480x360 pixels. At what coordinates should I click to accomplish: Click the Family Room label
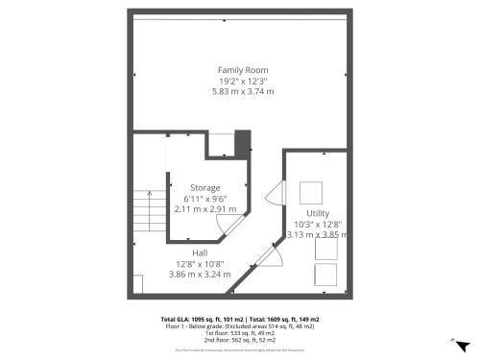242,70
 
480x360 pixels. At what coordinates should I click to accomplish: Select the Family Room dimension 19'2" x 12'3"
242,81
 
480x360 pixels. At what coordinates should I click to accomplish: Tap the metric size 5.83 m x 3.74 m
242,91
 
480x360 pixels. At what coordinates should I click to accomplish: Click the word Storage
204,187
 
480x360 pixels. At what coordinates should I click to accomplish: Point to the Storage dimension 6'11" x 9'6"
204,198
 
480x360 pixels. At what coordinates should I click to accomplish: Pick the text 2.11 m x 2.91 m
204,208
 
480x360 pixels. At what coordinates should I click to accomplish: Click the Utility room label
316,212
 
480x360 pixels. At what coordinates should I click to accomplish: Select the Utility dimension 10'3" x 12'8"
318,223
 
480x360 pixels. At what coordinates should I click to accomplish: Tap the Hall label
200,253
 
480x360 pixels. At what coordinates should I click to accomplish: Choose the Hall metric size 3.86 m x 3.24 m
200,275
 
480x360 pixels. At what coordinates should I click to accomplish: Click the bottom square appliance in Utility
327,275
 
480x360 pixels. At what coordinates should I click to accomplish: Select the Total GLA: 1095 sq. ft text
201,319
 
